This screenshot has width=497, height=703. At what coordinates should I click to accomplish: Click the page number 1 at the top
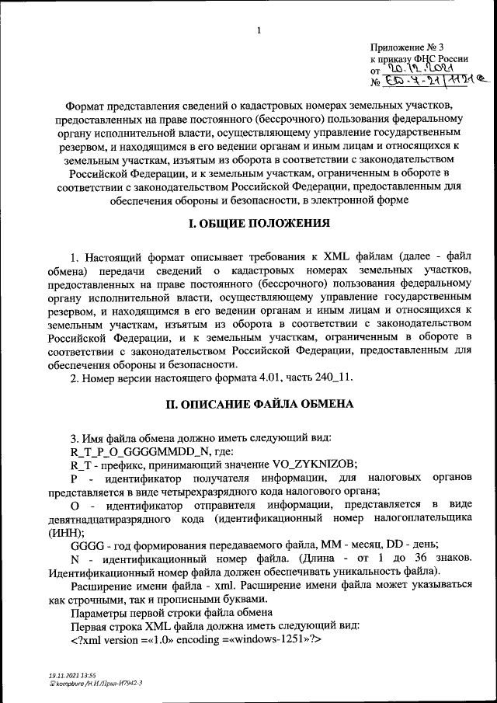tap(259, 30)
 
